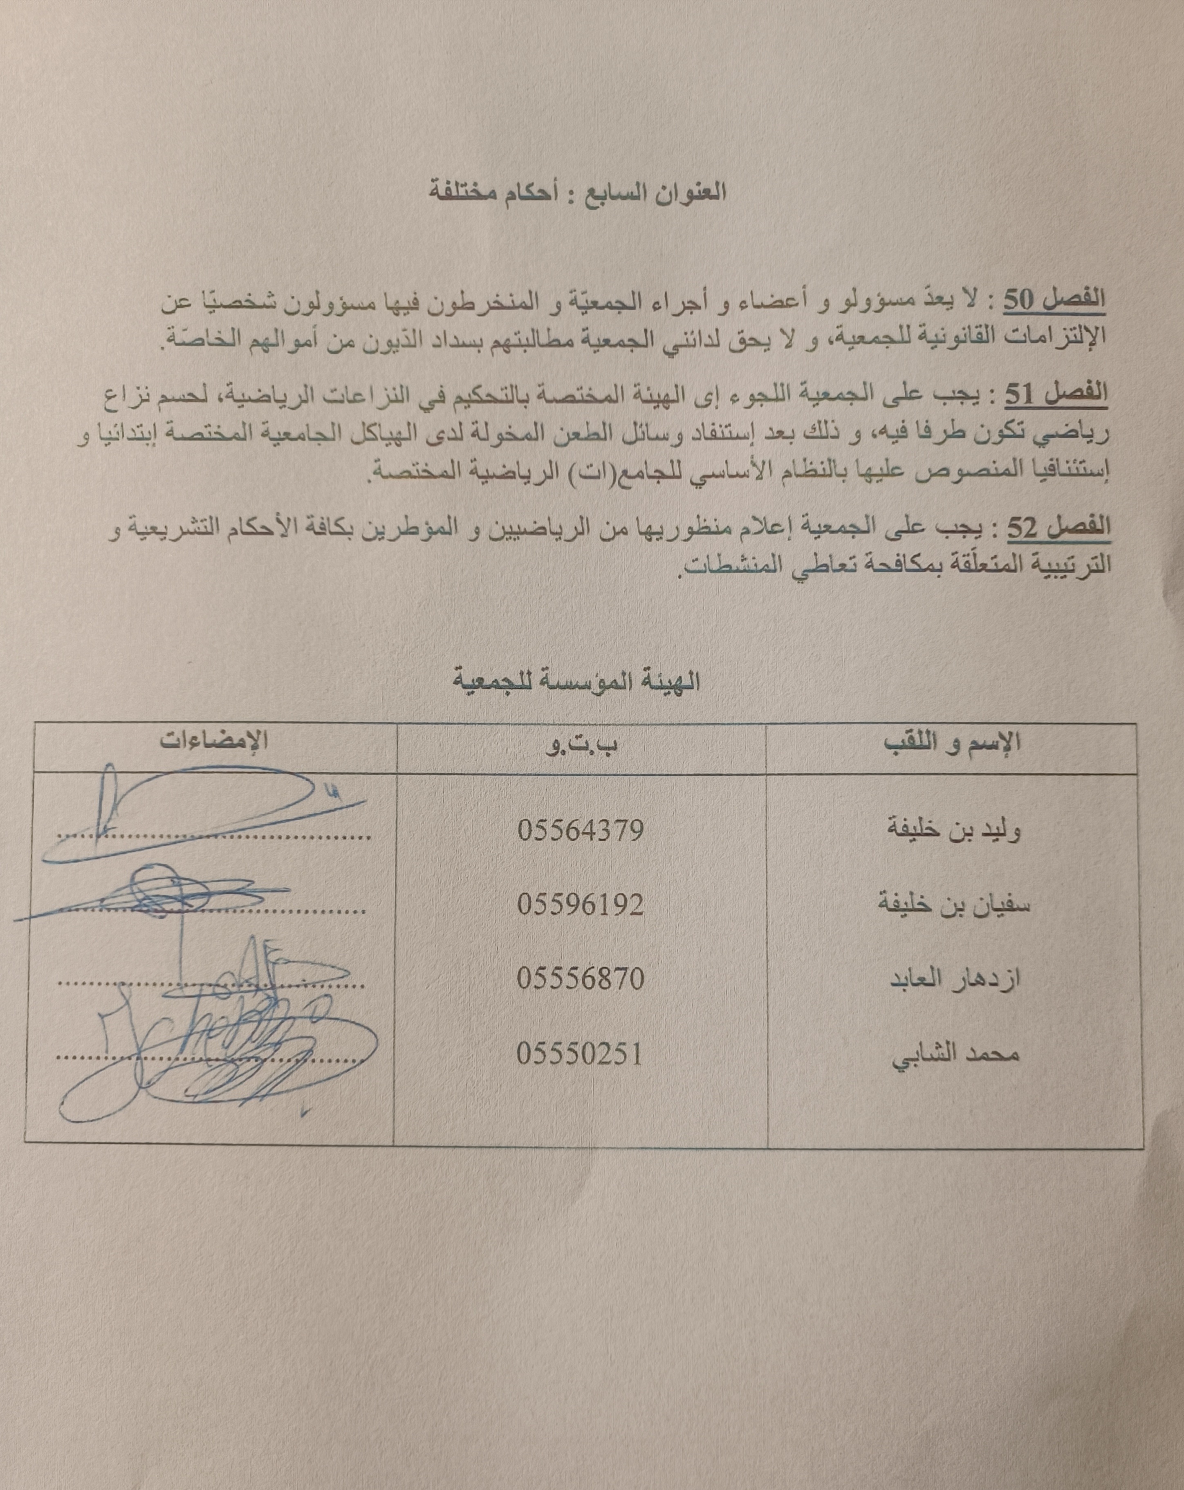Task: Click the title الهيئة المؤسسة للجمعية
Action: [577, 682]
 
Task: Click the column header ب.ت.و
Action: [581, 745]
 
